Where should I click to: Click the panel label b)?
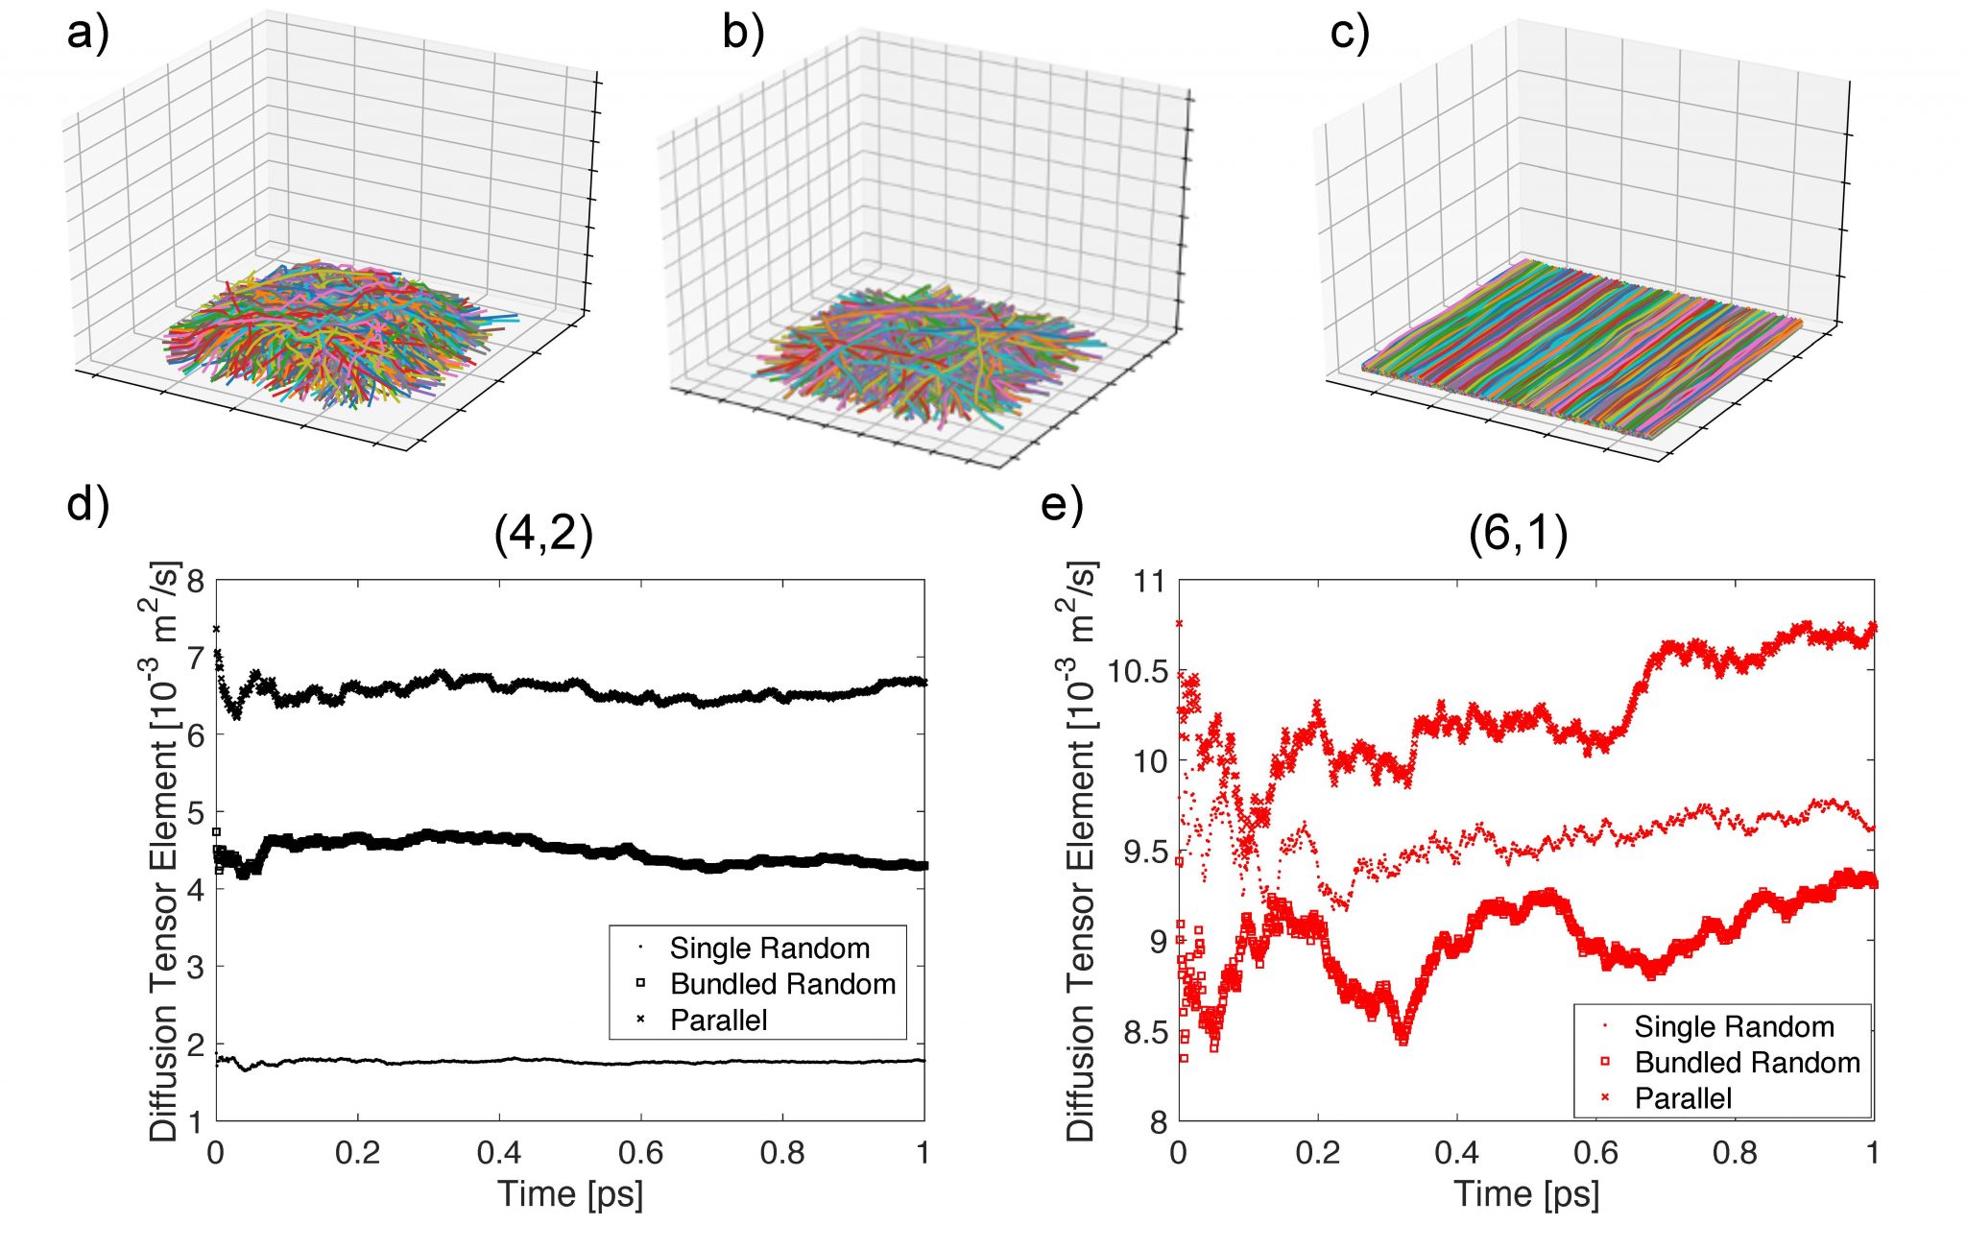pyautogui.click(x=743, y=34)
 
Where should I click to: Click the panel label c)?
pyautogui.click(x=1350, y=34)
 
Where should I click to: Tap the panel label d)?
pyautogui.click(x=88, y=503)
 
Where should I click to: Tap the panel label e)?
pyautogui.click(x=1062, y=503)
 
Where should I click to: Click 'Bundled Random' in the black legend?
pyautogui.click(x=782, y=984)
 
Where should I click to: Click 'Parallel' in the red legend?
pyautogui.click(x=1683, y=1098)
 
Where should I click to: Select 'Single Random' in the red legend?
pyautogui.click(x=1734, y=1027)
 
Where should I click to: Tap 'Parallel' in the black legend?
pyautogui.click(x=718, y=1020)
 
